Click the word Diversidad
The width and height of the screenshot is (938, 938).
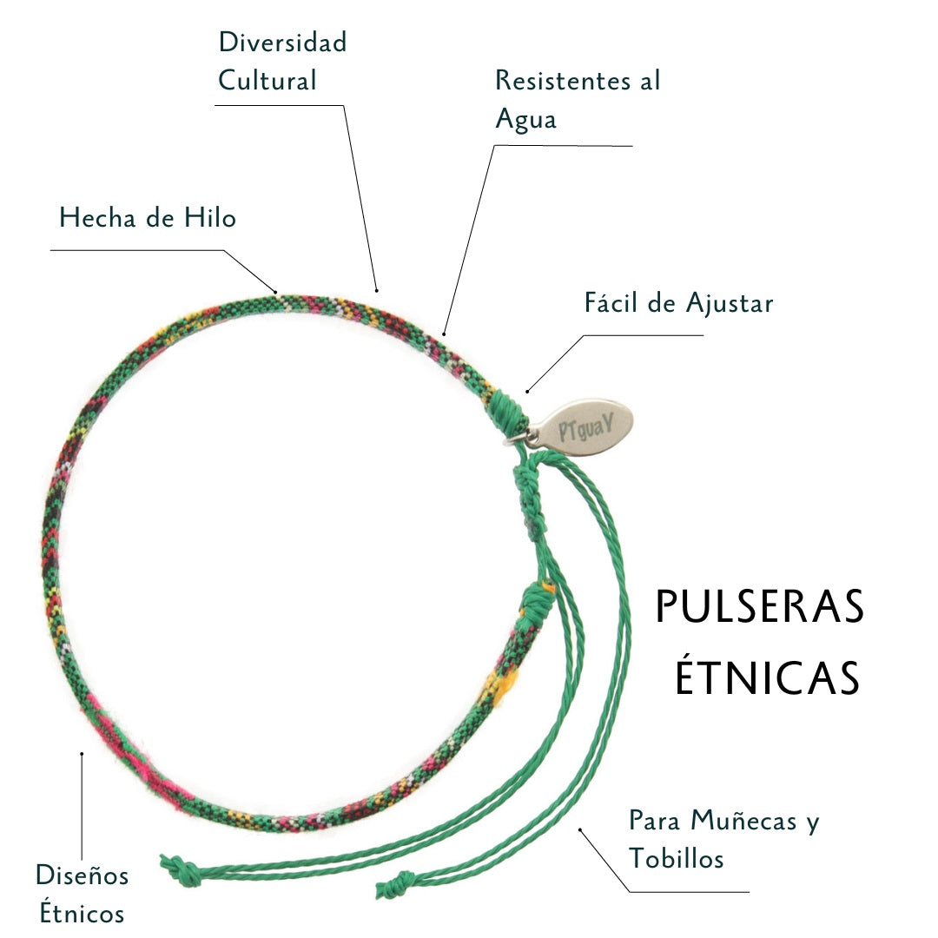(282, 42)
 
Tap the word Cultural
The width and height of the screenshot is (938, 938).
(267, 81)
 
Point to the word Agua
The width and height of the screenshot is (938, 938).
(525, 120)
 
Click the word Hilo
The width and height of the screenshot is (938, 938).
(209, 217)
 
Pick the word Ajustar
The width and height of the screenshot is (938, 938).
(729, 304)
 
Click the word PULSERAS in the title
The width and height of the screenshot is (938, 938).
(760, 607)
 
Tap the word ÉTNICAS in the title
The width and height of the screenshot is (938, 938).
(768, 678)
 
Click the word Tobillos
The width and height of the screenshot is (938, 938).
(677, 859)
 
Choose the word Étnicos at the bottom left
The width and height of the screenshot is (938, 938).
(80, 914)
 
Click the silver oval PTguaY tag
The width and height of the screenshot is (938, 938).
(583, 425)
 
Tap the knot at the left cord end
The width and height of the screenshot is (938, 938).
(177, 866)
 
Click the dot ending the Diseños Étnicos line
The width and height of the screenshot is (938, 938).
(82, 754)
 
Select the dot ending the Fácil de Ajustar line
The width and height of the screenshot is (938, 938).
(527, 390)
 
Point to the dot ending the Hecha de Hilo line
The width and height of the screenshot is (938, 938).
(275, 291)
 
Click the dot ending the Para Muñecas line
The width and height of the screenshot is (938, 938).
(580, 829)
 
